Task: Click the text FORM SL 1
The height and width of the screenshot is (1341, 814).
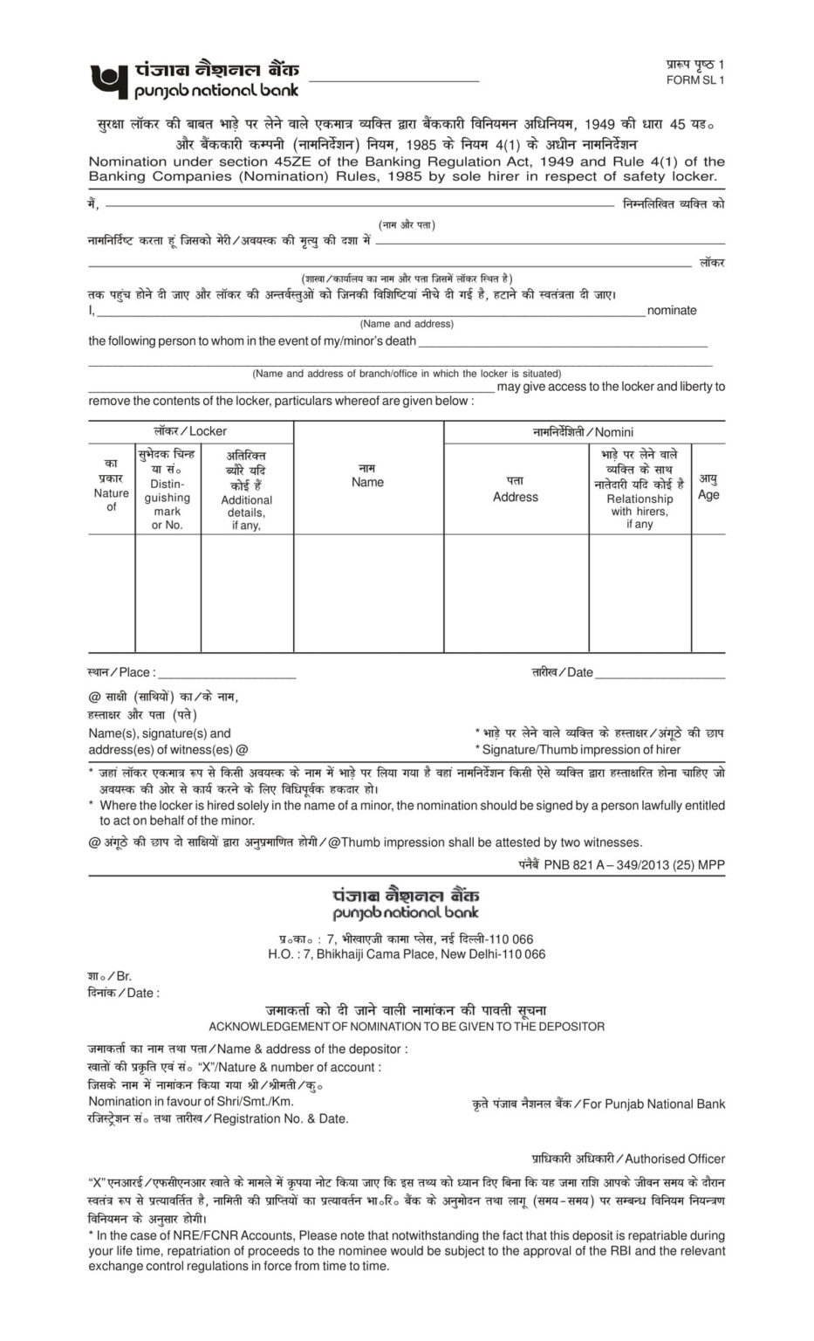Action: tap(694, 80)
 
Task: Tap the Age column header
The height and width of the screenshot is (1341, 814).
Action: tap(708, 495)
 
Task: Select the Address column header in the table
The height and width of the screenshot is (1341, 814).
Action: tap(516, 497)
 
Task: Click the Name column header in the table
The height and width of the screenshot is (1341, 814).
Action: tap(367, 482)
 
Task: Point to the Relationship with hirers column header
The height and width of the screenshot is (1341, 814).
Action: tap(640, 505)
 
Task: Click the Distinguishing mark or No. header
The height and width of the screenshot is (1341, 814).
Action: tap(168, 504)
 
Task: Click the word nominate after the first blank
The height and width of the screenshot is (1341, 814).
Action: tap(672, 311)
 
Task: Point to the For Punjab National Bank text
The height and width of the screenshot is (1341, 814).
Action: tap(653, 1104)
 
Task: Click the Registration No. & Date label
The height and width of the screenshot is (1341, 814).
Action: tap(280, 1118)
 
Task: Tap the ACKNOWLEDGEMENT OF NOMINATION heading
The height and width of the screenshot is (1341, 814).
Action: tap(407, 1026)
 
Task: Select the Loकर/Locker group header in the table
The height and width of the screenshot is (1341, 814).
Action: tap(190, 431)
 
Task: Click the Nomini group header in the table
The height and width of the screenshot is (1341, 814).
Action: tap(584, 431)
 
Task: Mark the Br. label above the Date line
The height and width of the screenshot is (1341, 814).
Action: tap(123, 976)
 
